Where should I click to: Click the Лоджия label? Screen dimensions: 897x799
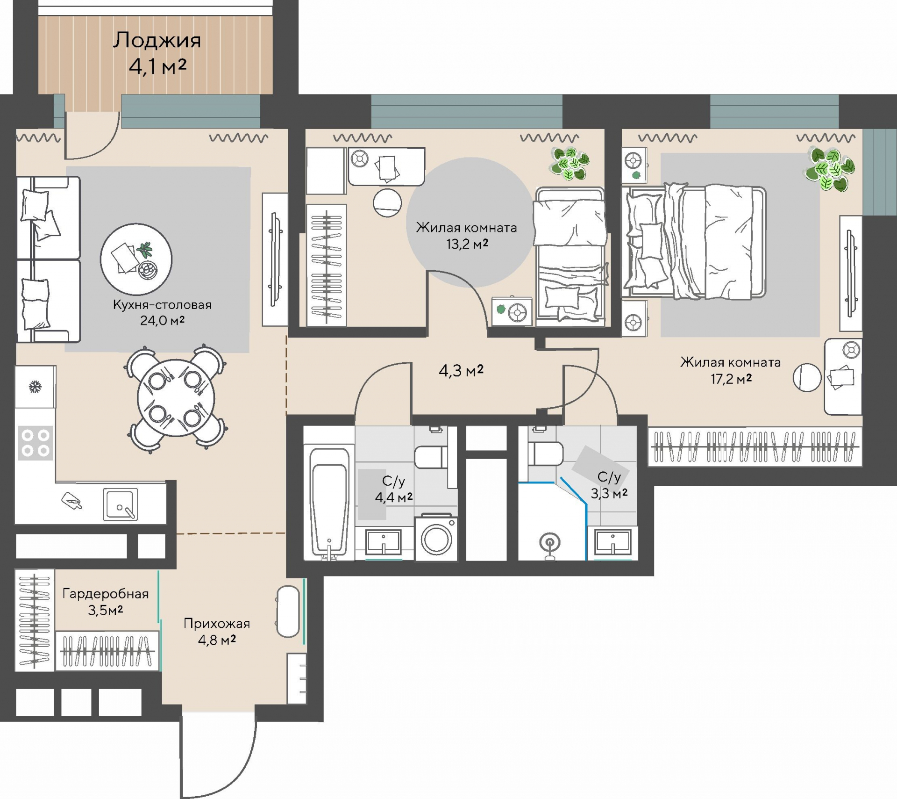coord(157,40)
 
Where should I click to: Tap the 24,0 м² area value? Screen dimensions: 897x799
coord(162,320)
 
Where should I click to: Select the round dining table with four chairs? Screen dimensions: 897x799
coord(176,398)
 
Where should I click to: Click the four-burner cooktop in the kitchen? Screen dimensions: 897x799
coord(36,443)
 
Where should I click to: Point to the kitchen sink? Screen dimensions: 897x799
coord(120,504)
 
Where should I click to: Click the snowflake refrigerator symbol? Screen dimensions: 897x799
coord(35,387)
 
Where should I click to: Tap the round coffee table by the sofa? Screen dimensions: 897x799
coord(136,259)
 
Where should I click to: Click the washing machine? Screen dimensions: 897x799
coord(436,538)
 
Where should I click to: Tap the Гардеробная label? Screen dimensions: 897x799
coord(106,594)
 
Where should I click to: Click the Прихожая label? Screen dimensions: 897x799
coord(217,623)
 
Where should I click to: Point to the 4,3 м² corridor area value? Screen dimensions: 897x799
coord(461,371)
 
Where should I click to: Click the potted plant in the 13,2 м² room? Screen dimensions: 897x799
coord(570,164)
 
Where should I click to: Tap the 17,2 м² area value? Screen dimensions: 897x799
coord(731,379)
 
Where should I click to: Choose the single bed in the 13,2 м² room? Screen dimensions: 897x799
coord(571,256)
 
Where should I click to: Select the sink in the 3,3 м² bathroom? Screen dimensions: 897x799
coord(613,542)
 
